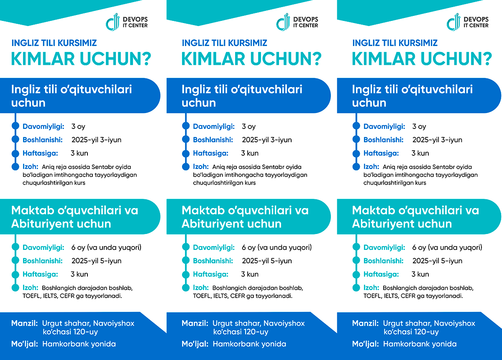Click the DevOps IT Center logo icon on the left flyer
(113, 22)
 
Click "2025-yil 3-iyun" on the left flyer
(96, 140)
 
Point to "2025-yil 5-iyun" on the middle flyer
(267, 261)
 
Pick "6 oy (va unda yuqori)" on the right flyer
(447, 247)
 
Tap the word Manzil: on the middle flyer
(195, 323)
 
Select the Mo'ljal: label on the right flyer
(366, 344)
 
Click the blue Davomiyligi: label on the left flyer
(44, 126)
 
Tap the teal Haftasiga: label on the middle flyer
(211, 274)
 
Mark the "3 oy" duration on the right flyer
(419, 126)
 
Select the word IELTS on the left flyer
(51, 296)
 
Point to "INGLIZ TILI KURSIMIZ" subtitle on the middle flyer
(225, 43)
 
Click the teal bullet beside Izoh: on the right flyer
(356, 288)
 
